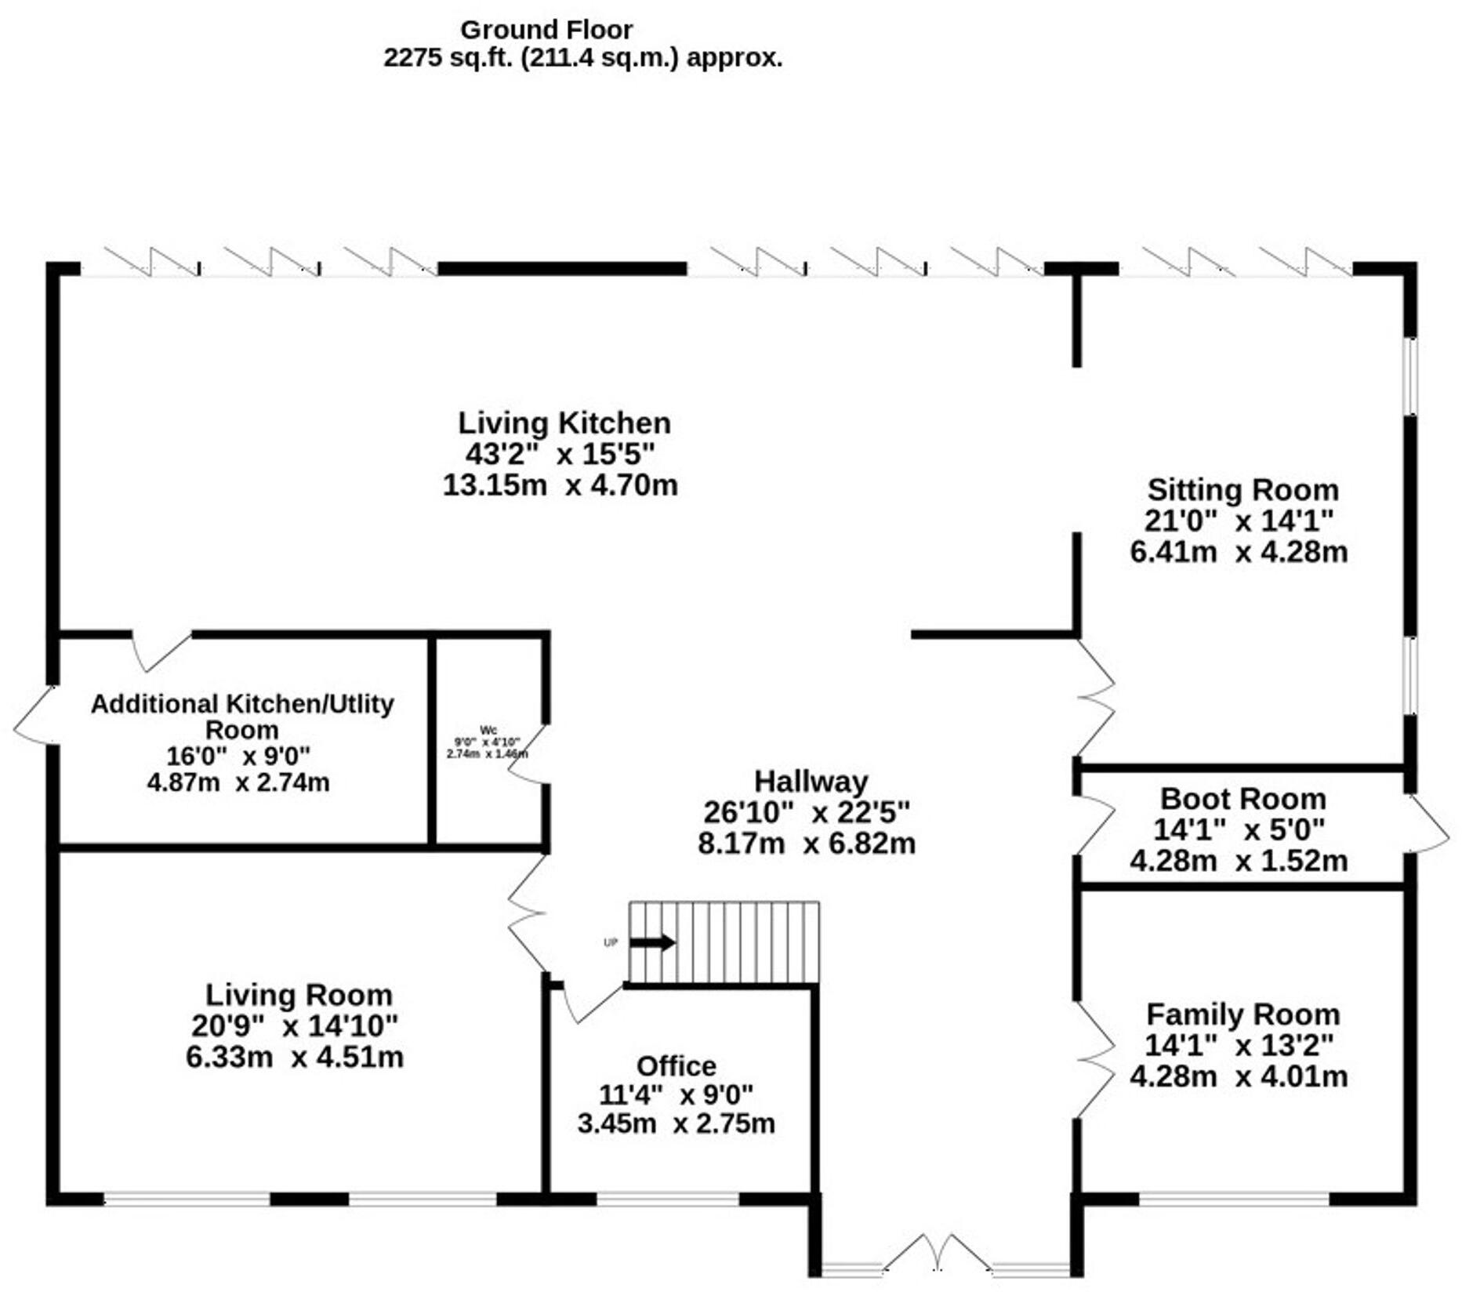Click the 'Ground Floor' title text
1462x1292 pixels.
coord(546,30)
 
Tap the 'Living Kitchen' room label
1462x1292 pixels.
coord(564,423)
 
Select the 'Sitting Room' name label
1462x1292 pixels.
coord(1243,490)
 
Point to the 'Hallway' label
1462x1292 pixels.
coord(811,782)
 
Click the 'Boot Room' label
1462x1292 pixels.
coord(1243,799)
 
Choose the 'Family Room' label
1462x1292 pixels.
coord(1243,1014)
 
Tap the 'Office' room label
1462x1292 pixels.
coord(676,1066)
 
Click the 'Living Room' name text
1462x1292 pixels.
coord(299,995)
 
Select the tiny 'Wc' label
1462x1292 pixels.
coord(488,730)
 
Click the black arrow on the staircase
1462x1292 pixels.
coord(652,942)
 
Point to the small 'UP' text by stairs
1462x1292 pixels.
coord(611,943)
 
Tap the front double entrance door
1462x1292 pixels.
coord(938,1254)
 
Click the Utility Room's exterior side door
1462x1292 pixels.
coord(33,715)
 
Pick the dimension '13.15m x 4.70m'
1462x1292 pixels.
coord(560,485)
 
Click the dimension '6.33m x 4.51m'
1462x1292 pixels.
coord(294,1057)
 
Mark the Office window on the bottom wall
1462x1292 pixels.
coord(668,1199)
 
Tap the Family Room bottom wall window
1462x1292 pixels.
coord(1234,1199)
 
